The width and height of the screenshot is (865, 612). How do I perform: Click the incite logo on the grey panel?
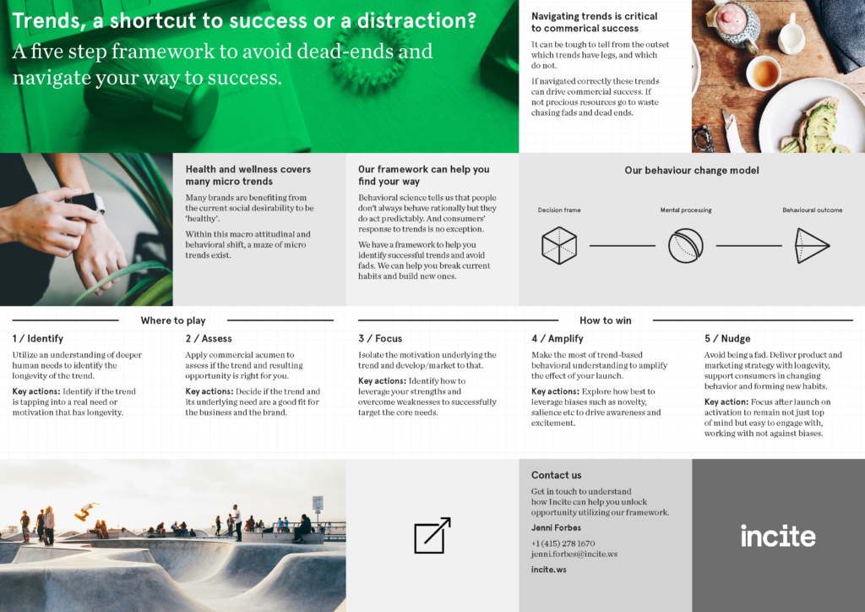coord(778,536)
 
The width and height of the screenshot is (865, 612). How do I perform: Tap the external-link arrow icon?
coord(432,535)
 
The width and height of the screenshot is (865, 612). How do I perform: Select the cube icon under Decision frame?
coord(559,246)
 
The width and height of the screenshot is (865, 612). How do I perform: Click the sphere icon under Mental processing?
coord(686,246)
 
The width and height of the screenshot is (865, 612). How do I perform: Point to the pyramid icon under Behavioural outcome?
coord(812,246)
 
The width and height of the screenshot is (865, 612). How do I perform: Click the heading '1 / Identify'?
coord(37,339)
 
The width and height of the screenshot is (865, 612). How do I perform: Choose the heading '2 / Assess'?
coord(209,339)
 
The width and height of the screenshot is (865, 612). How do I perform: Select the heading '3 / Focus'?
coord(380,339)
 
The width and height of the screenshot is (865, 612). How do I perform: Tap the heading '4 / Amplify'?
coord(558,339)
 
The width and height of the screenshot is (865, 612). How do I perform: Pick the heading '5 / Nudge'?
coord(727,339)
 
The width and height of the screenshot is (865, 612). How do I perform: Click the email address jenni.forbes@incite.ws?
coord(574,554)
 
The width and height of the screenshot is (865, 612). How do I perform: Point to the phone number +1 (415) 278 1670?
coord(563,544)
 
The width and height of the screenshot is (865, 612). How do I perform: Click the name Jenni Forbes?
coord(556,527)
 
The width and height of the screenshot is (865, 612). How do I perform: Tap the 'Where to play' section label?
coord(172,320)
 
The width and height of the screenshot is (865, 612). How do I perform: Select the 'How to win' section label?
coord(605,320)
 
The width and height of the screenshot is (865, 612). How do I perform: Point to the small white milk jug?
coord(791,33)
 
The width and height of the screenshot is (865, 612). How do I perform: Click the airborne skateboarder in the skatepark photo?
coord(86,511)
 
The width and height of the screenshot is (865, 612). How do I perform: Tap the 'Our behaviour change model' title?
coord(692,171)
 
